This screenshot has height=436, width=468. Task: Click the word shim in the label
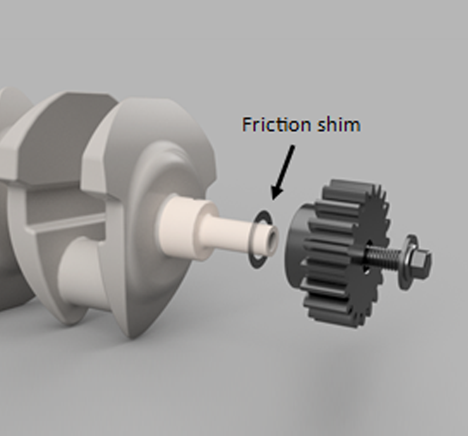pos(339,124)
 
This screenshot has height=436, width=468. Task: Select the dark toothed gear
pos(337,253)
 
